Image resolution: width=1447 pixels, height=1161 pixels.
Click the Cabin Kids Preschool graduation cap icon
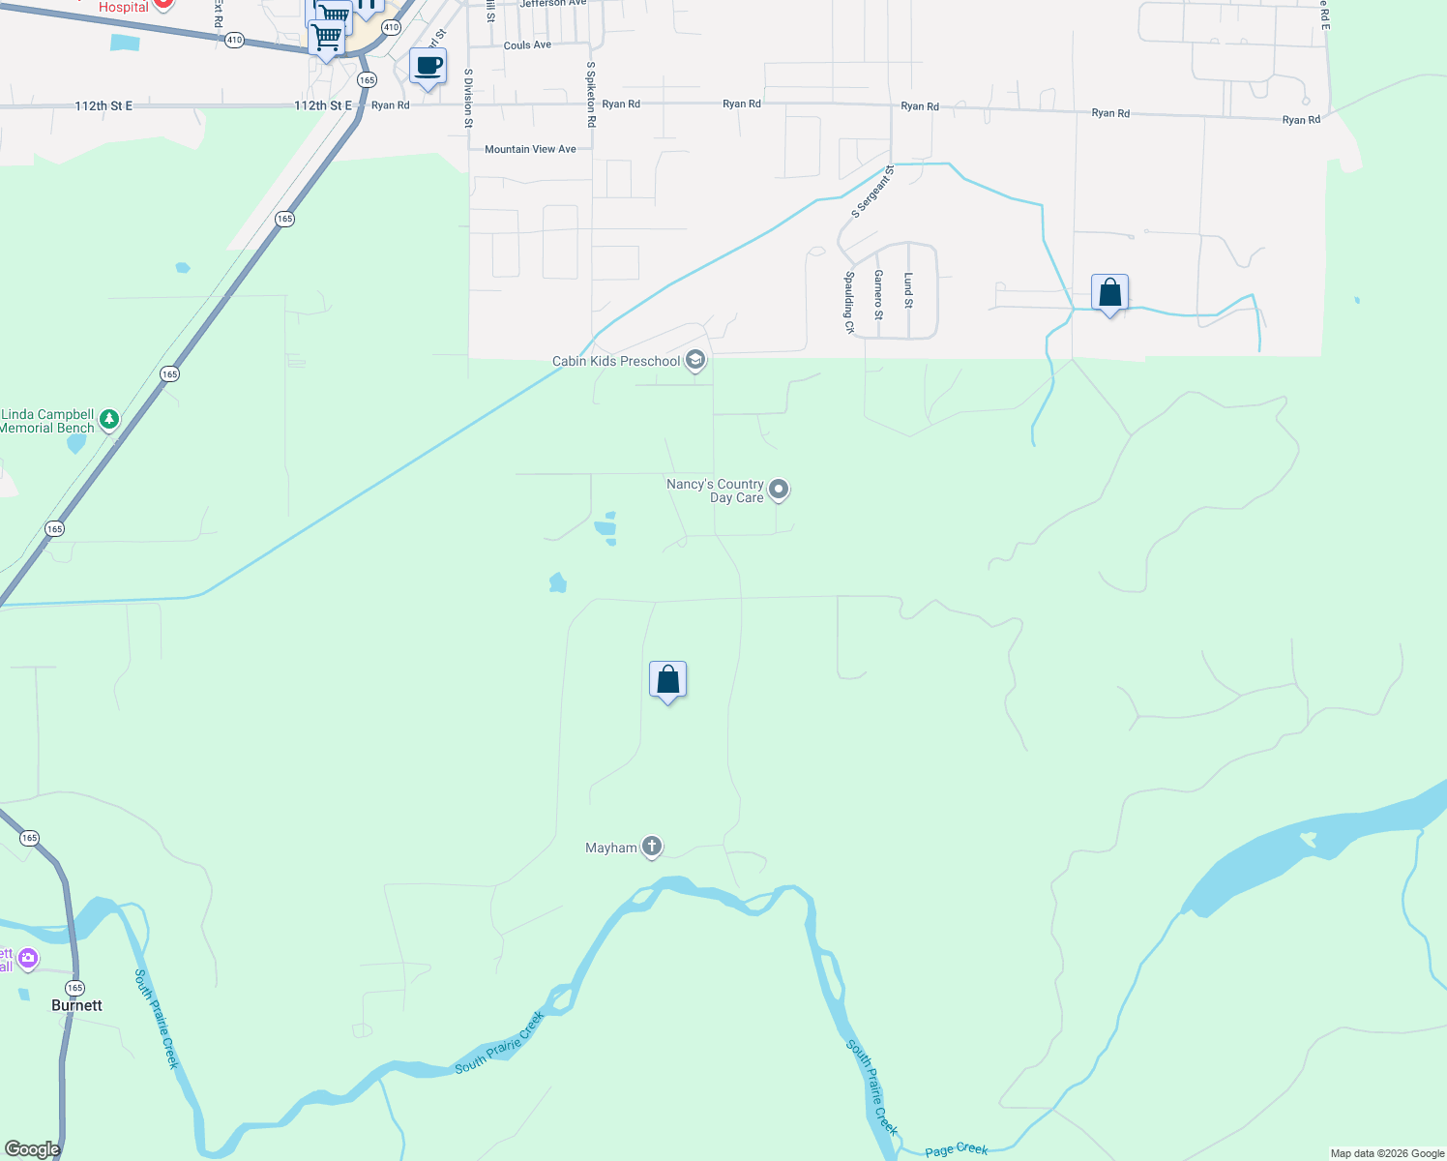[694, 361]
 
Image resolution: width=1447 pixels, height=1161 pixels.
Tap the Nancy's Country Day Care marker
[779, 491]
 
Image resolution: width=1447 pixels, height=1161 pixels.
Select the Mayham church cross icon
[652, 848]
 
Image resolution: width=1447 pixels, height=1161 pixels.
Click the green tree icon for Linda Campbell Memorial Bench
[109, 419]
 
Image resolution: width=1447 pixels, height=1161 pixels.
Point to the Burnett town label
[76, 1005]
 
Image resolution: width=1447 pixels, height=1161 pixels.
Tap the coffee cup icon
[428, 67]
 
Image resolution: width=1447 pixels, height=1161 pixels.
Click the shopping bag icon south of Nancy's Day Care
[667, 680]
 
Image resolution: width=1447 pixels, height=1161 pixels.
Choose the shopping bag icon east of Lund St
[1109, 292]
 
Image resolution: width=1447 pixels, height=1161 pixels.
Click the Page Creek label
[956, 1149]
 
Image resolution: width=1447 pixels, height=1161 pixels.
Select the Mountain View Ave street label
[530, 149]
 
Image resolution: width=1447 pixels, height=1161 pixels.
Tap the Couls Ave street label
[527, 45]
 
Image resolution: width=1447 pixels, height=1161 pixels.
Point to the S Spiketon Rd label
[591, 95]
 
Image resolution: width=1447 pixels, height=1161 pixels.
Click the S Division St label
[468, 98]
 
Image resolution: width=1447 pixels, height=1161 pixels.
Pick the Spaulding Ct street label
[849, 302]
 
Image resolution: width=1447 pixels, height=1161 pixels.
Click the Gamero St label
[878, 294]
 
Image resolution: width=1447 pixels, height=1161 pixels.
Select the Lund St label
[908, 290]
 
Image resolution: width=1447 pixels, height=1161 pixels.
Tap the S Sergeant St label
[872, 192]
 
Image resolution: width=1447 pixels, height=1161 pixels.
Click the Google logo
[32, 1149]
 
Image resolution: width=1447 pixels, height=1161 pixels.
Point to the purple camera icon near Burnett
[28, 959]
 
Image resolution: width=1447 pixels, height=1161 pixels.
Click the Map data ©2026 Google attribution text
[1386, 1153]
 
